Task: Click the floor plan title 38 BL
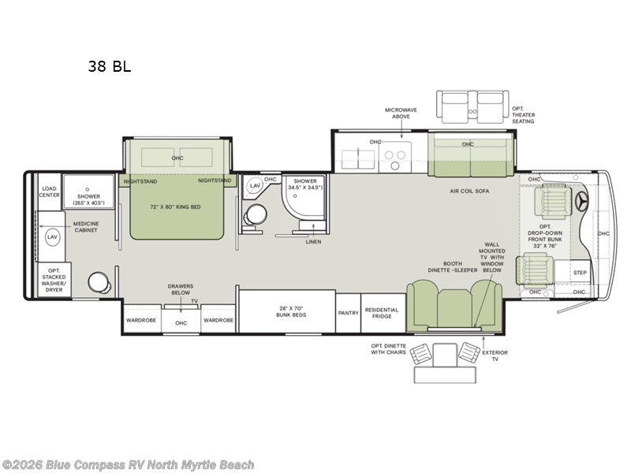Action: pyautogui.click(x=110, y=67)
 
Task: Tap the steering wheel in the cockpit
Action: pyautogui.click(x=584, y=202)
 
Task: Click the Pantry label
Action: pyautogui.click(x=348, y=313)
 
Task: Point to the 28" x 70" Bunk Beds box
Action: pyautogui.click(x=286, y=311)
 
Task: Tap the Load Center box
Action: pyautogui.click(x=50, y=192)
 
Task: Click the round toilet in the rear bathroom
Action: pyautogui.click(x=97, y=281)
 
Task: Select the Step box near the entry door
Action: pyautogui.click(x=580, y=273)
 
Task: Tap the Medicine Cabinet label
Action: pyautogui.click(x=86, y=226)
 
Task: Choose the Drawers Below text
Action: pyautogui.click(x=180, y=289)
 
